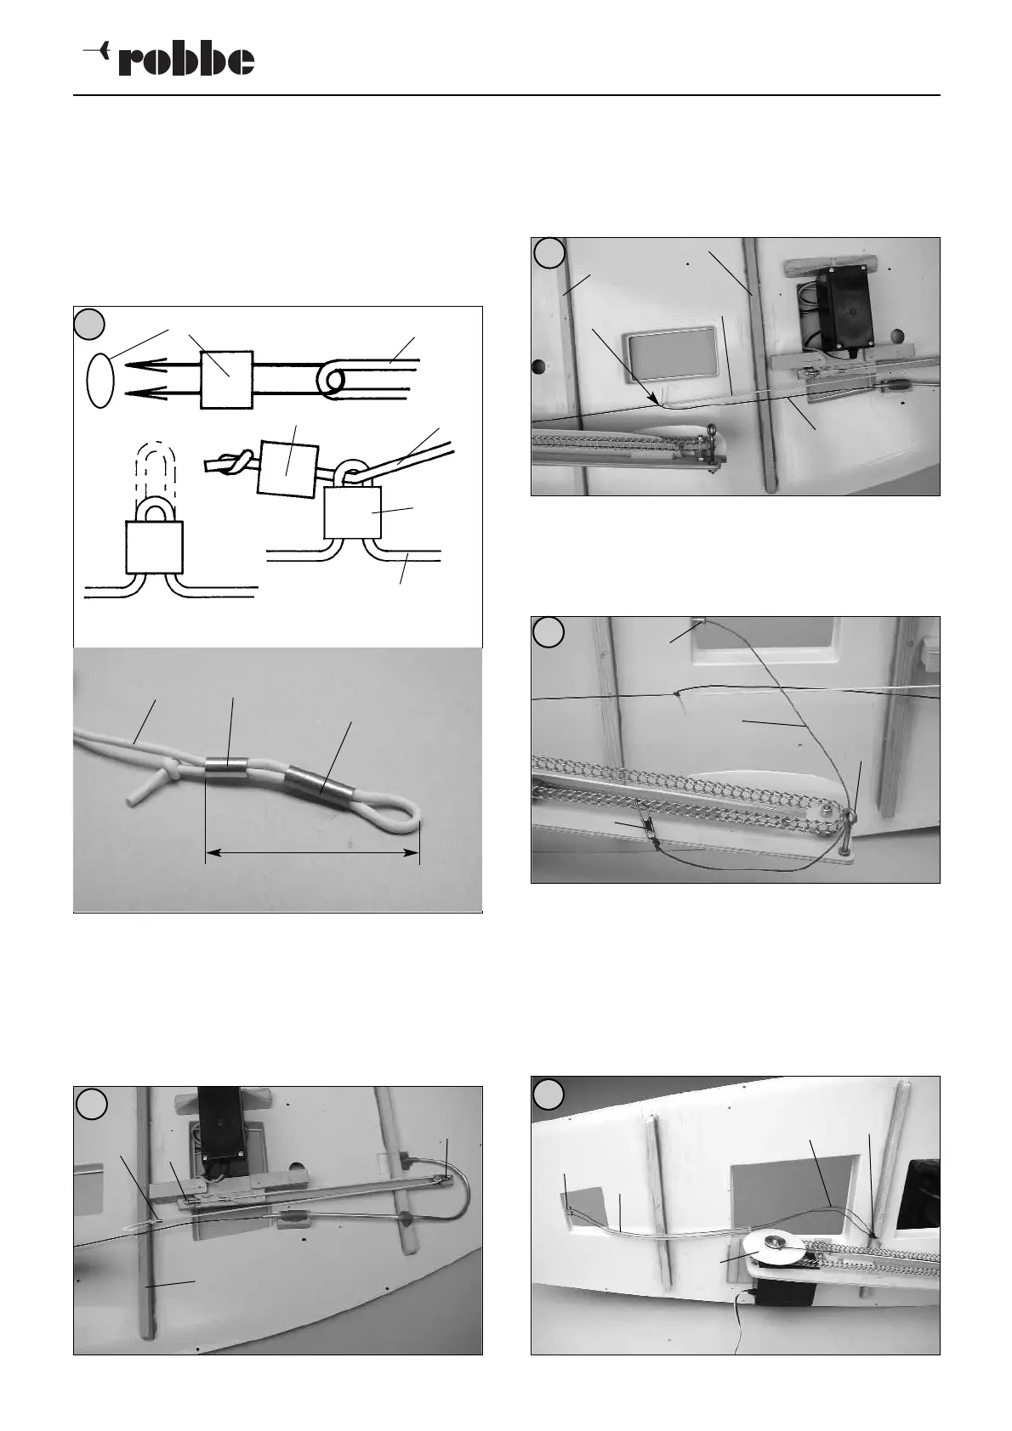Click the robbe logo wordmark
pos(186,60)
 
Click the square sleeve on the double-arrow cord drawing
pos(226,379)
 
